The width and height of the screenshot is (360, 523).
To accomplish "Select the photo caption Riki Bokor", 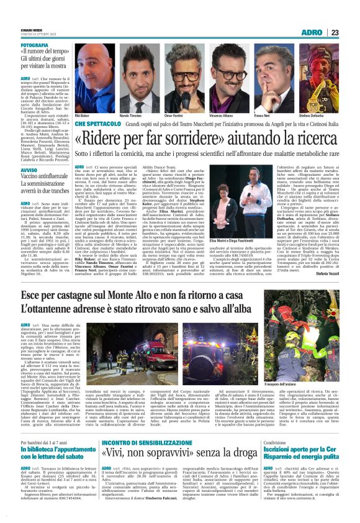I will (x=82, y=116).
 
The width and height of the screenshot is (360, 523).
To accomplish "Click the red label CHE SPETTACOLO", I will (x=97, y=124).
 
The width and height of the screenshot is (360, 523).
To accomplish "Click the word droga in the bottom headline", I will (x=250, y=471).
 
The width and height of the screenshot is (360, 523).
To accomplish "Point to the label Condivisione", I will (x=286, y=459).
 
